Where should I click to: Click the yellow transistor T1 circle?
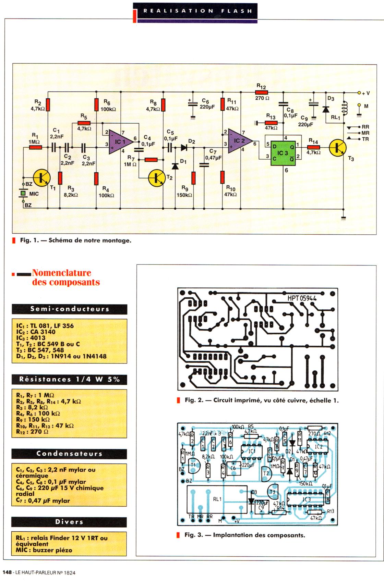coord(42,177)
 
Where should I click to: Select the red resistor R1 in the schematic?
coord(35,148)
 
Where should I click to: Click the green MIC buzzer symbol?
coord(23,194)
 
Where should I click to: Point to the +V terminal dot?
coord(359,93)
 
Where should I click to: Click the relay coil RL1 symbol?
coord(344,108)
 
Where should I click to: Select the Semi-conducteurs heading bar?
coord(69,309)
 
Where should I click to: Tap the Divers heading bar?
coord(69,522)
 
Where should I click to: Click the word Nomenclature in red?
coord(62,273)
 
